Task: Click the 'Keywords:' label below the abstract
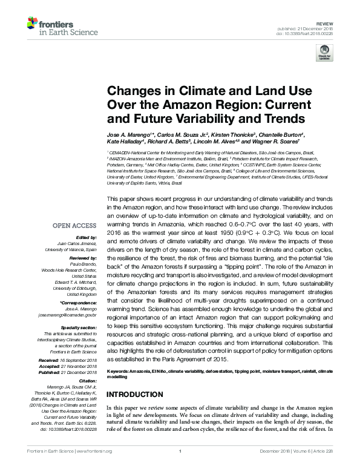120,369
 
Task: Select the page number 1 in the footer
180,467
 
